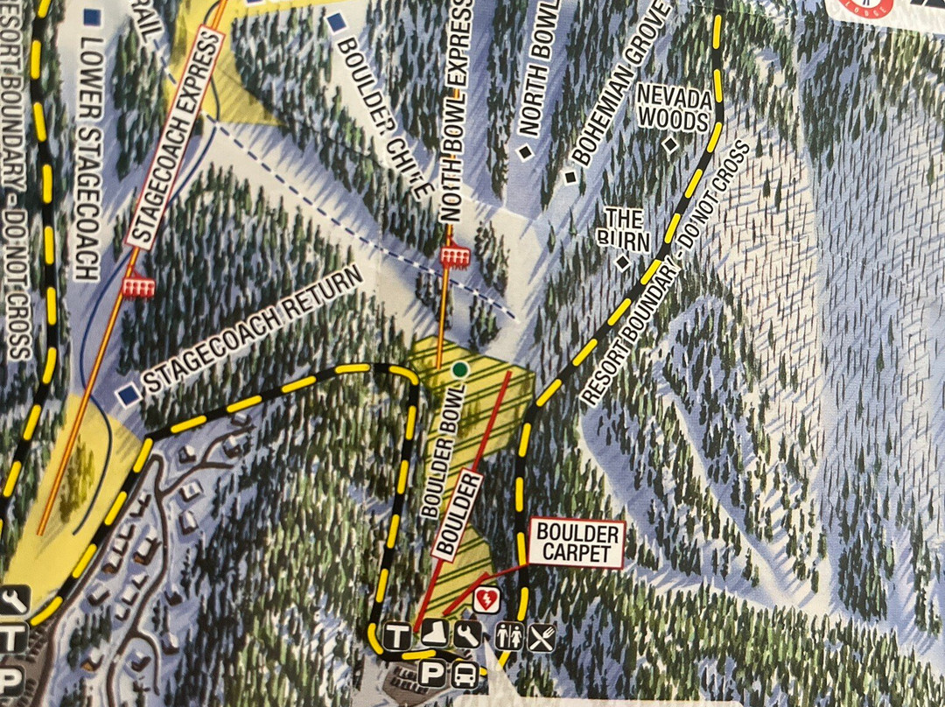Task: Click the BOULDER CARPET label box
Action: [578, 542]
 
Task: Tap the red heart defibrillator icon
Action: [486, 601]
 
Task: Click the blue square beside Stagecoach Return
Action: [130, 395]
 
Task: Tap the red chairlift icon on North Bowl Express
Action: [452, 255]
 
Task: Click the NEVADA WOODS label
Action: [673, 107]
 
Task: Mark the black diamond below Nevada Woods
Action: [671, 145]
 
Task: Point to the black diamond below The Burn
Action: [623, 261]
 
